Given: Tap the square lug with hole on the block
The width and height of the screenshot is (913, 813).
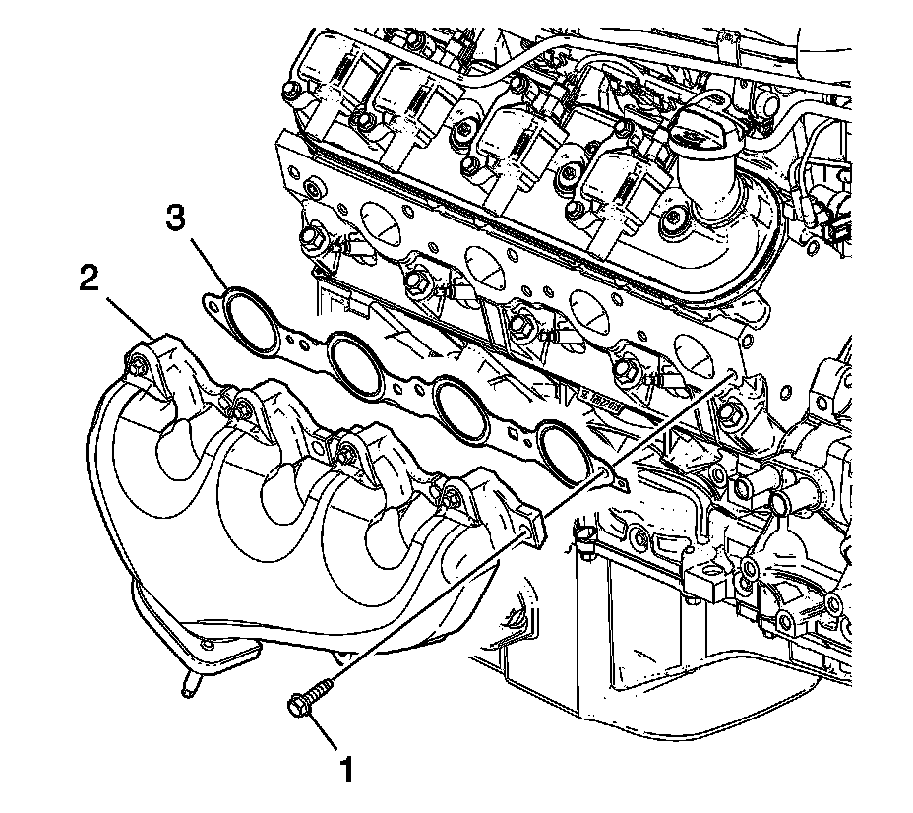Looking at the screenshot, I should (x=701, y=581).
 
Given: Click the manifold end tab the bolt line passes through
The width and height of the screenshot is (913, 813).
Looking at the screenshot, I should (x=532, y=527).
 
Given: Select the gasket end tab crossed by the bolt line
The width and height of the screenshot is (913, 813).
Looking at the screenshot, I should (x=617, y=480).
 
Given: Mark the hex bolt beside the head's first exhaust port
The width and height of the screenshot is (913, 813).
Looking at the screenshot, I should (x=312, y=237).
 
